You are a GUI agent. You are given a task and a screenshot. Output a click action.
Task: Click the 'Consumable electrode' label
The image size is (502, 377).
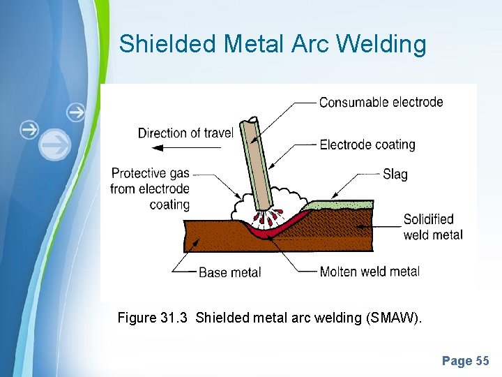(x=381, y=102)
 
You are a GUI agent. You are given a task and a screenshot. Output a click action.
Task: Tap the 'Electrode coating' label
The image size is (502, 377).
(x=367, y=145)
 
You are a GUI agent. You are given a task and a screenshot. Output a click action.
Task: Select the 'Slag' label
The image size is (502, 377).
(x=395, y=174)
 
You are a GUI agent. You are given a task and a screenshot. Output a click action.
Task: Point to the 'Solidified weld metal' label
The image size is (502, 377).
(x=432, y=227)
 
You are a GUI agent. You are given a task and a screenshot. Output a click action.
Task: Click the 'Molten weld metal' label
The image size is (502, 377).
(x=370, y=271)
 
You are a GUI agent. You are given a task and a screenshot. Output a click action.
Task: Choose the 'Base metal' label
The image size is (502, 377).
(x=229, y=272)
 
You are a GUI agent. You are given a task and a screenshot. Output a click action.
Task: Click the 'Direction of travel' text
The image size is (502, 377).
(x=185, y=133)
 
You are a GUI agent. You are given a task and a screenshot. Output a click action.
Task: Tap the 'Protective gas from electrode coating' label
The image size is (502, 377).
(x=150, y=188)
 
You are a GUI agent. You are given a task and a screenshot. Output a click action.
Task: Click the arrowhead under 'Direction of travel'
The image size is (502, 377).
(x=158, y=148)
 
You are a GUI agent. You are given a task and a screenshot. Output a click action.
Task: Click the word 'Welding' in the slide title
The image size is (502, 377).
(x=381, y=44)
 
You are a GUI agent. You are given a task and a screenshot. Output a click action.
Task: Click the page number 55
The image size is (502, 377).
(x=482, y=361)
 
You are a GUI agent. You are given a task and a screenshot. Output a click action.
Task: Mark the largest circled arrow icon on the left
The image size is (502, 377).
(x=55, y=145)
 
